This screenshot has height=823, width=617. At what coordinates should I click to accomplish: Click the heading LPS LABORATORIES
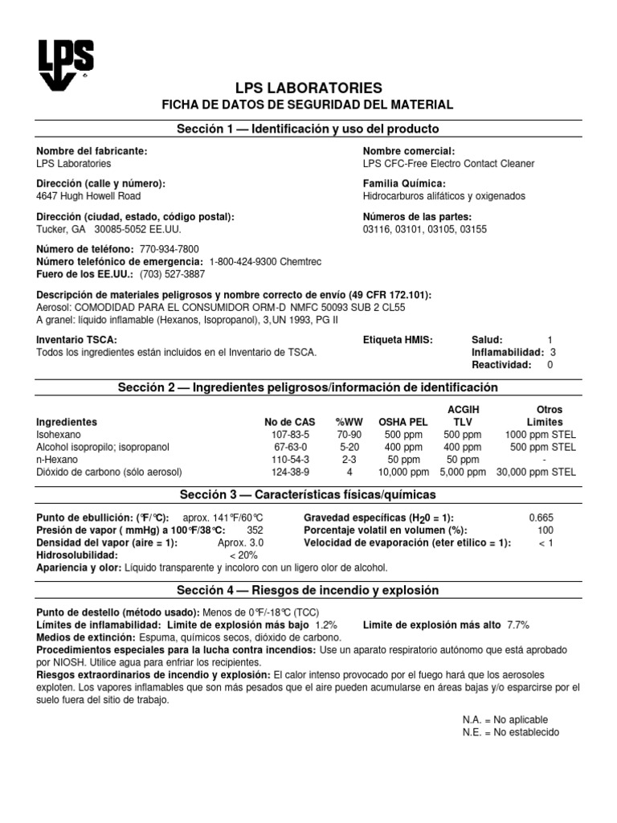click(308, 88)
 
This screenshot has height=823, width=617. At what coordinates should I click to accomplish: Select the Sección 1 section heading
click(308, 129)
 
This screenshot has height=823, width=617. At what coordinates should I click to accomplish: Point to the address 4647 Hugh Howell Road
click(89, 195)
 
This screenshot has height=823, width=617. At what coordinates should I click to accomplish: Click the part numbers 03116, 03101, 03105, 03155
click(425, 229)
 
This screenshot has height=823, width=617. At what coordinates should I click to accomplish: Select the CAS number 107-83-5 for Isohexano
click(291, 435)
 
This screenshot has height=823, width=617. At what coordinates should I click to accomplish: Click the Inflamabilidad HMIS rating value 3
click(553, 352)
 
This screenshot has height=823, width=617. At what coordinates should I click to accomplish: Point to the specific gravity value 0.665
click(541, 518)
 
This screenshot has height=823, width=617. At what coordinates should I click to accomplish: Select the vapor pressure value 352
click(255, 530)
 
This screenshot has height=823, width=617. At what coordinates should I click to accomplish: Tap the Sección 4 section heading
click(308, 590)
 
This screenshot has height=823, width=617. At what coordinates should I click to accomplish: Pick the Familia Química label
click(403, 184)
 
